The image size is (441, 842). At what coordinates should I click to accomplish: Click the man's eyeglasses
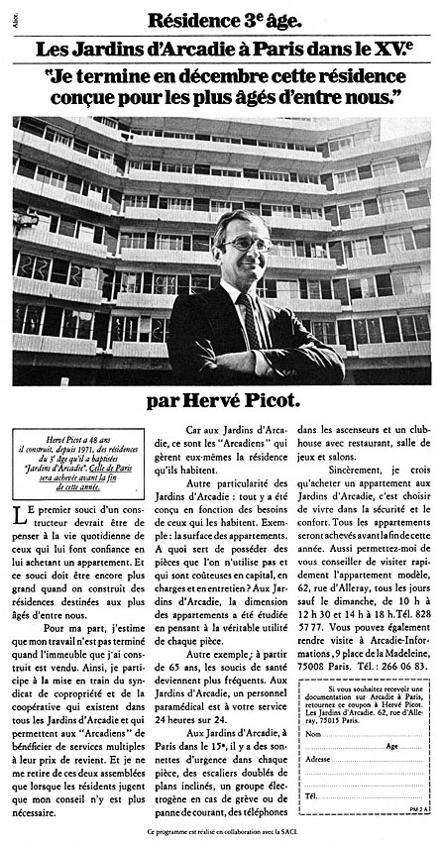pyautogui.click(x=245, y=243)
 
